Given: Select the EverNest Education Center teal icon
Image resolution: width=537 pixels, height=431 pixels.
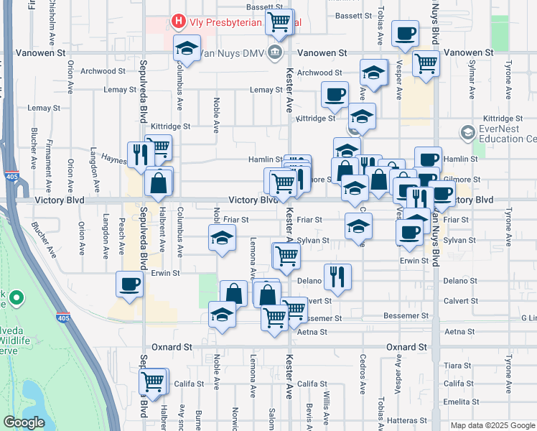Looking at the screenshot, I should [468, 132].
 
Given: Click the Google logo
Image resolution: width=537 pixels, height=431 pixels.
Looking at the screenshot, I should [24, 422].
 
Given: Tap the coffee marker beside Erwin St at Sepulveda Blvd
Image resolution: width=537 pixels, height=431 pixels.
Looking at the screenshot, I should [129, 284].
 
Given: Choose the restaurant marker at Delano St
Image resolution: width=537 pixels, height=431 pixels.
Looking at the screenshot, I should [337, 276].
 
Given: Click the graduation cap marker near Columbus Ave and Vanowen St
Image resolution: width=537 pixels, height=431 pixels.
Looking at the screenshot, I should [187, 49].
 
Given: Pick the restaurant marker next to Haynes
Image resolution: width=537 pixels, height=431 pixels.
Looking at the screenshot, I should [139, 154].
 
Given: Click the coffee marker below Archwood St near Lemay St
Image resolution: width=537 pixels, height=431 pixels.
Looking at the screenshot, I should [334, 93].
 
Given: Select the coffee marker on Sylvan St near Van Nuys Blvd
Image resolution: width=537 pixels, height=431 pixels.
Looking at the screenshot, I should [409, 231].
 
